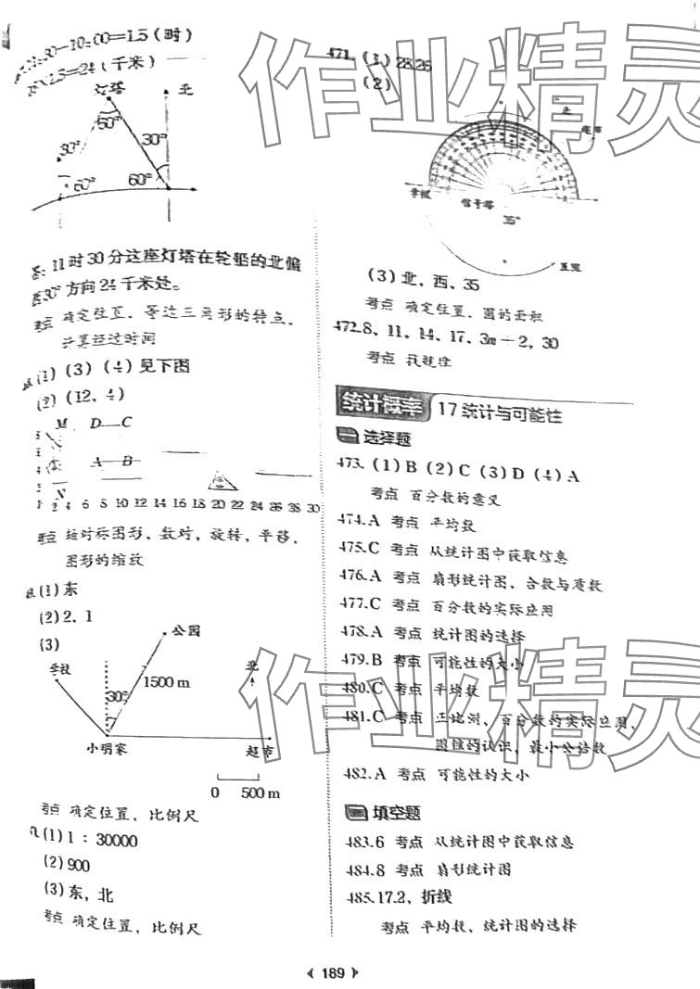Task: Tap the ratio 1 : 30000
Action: pos(102,841)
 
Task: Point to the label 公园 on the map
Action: pos(185,631)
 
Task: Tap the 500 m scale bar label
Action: pos(260,792)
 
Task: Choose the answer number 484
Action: pos(352,869)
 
